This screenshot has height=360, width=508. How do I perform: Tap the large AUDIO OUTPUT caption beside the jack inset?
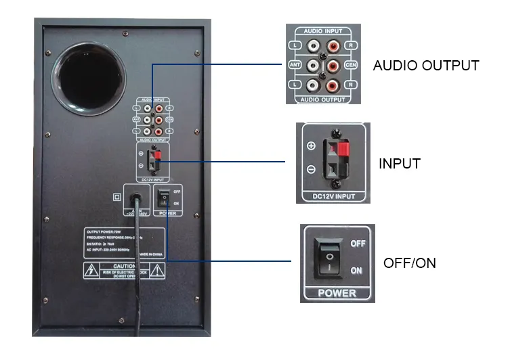pos(425,66)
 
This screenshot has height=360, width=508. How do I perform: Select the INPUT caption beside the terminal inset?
pos(400,164)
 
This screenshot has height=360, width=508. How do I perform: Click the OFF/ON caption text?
pos(409,263)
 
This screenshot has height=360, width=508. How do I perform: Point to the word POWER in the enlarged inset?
pos(337,293)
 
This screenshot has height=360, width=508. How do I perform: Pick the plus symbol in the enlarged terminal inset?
pos(311,146)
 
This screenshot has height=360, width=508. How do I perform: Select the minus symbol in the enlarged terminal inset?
pos(311,170)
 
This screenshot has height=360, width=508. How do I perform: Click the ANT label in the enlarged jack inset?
pos(294,65)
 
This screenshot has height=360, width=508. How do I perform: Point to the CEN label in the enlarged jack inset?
pos(351,65)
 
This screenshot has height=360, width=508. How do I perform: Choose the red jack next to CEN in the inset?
pos(333,66)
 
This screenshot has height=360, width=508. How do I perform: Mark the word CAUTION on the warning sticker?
pos(125,267)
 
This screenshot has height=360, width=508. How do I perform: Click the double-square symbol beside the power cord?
pos(117,197)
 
